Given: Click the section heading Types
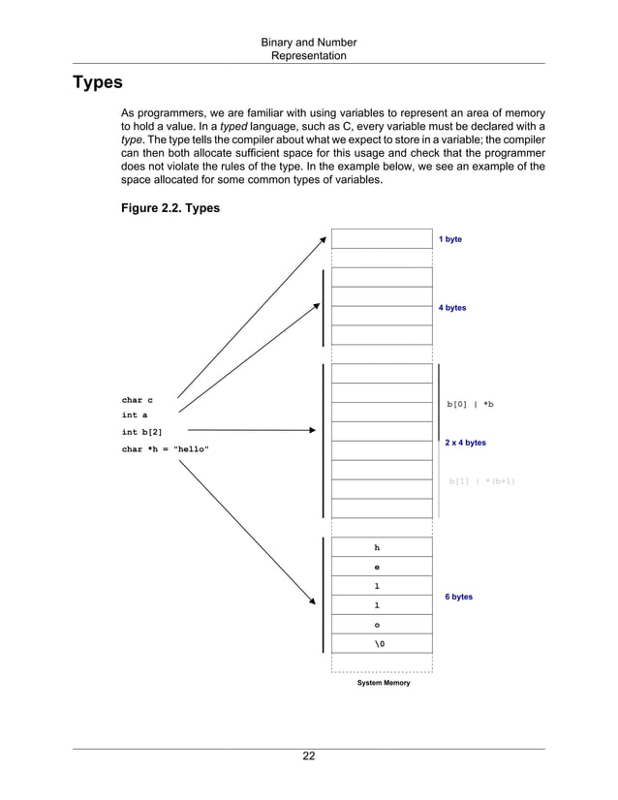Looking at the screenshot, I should [x=97, y=82].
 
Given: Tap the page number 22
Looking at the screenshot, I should [x=308, y=756].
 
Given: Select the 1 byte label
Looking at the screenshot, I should [x=450, y=238].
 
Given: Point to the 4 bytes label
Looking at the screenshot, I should [x=452, y=308].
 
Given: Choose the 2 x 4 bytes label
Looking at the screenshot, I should [x=465, y=443].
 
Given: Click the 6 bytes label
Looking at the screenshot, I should [x=459, y=597].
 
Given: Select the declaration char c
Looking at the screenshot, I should [x=137, y=400].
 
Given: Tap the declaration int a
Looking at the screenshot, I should [x=135, y=415].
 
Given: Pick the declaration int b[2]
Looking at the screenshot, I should [x=141, y=432].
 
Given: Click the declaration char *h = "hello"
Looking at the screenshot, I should [x=165, y=449].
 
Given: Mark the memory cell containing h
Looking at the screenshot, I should [x=377, y=548].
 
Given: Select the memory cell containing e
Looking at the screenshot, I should [x=377, y=568].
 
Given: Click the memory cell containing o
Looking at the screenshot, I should [x=377, y=625].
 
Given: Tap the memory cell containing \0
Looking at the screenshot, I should [x=377, y=644].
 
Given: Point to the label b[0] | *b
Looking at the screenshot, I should [x=470, y=404].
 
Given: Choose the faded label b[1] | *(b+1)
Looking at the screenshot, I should [x=481, y=480].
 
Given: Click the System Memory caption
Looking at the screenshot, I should [x=384, y=683].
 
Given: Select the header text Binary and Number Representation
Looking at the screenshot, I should [x=309, y=49].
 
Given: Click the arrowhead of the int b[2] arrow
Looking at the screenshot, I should [x=311, y=429].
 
